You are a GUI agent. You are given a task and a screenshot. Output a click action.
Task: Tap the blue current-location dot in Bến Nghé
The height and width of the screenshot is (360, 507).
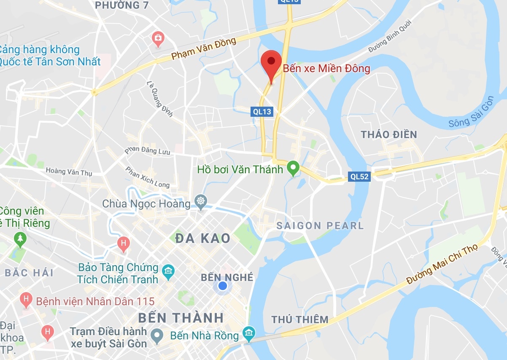[223, 286]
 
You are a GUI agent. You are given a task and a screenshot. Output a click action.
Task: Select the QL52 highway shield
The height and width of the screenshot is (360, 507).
[359, 177]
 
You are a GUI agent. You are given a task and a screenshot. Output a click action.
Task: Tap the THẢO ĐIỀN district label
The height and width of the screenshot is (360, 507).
[388, 135]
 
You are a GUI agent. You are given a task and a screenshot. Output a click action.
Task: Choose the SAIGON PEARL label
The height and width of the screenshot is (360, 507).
[320, 226]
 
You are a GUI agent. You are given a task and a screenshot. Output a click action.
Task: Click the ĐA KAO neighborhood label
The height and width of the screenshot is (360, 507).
[202, 239]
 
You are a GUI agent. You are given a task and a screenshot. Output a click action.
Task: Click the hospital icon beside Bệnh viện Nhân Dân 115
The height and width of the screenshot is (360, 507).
[26, 301]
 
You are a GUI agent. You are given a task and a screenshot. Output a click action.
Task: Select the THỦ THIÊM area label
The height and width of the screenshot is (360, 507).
[299, 320]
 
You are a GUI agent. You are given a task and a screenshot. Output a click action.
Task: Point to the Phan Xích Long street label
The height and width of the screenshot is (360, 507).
[148, 177]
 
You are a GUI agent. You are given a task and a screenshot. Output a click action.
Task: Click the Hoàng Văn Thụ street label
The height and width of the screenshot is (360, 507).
[68, 171]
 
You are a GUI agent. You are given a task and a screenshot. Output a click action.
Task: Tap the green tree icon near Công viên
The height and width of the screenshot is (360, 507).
[20, 239]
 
